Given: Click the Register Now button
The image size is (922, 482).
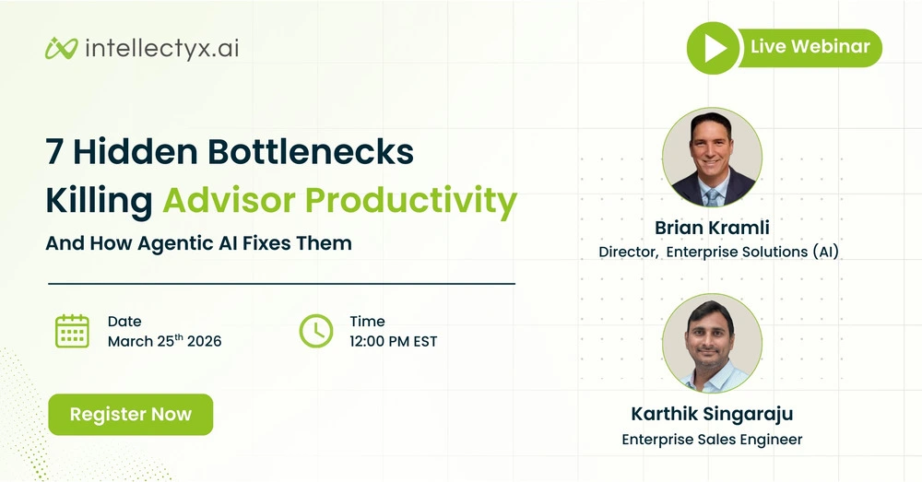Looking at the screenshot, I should pos(130,415).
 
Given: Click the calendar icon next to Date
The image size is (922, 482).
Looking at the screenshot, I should pos(72,331).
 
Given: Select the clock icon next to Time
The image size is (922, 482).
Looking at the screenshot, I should pos(316,331).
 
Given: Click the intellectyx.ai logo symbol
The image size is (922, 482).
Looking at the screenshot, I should pos(60,48).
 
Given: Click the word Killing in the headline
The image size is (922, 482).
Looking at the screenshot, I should pos(100,200).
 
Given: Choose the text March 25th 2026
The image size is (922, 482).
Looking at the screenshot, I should pos(164,341).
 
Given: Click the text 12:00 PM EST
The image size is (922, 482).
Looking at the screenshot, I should pos(393,341).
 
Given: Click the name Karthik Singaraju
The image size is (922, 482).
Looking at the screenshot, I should pos(712,415).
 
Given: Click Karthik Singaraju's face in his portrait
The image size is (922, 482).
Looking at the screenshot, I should pos(710,332).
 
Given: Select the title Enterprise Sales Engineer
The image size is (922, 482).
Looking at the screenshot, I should pos(712,440).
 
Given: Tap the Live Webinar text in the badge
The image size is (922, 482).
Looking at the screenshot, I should pos(809,47).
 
